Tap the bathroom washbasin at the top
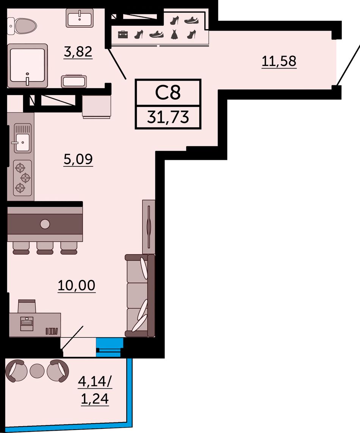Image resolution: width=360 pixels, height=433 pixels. pyautogui.click(x=80, y=18)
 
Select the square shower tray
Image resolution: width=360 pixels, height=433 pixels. pyautogui.click(x=27, y=66)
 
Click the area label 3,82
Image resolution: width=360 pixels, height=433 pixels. pyautogui.click(x=78, y=52)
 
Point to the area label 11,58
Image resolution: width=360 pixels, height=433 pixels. pyautogui.click(x=279, y=61)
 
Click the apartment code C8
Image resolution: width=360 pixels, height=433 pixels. pyautogui.click(x=168, y=92)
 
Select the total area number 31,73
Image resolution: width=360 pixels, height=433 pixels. pyautogui.click(x=168, y=117)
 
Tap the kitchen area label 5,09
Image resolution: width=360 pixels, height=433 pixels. pyautogui.click(x=78, y=159)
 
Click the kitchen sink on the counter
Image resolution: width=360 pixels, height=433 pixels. pyautogui.click(x=22, y=138)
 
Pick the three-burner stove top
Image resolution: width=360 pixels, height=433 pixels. pyautogui.click(x=22, y=178)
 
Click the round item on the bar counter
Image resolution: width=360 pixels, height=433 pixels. pyautogui.click(x=45, y=224)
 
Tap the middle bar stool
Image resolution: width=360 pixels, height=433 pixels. pyautogui.click(x=45, y=248)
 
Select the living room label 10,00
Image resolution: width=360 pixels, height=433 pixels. pyautogui.click(x=77, y=286)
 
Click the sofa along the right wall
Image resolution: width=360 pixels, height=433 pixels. pyautogui.click(x=140, y=296)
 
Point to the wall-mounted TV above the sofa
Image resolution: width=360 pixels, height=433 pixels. pyautogui.click(x=149, y=227)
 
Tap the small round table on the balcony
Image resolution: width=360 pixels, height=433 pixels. pyautogui.click(x=37, y=371)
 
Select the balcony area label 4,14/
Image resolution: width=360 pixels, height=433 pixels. pyautogui.click(x=94, y=382)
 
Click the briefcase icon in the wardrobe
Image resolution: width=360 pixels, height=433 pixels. pyautogui.click(x=123, y=35)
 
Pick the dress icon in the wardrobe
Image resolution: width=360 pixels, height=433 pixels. pyautogui.click(x=174, y=34)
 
